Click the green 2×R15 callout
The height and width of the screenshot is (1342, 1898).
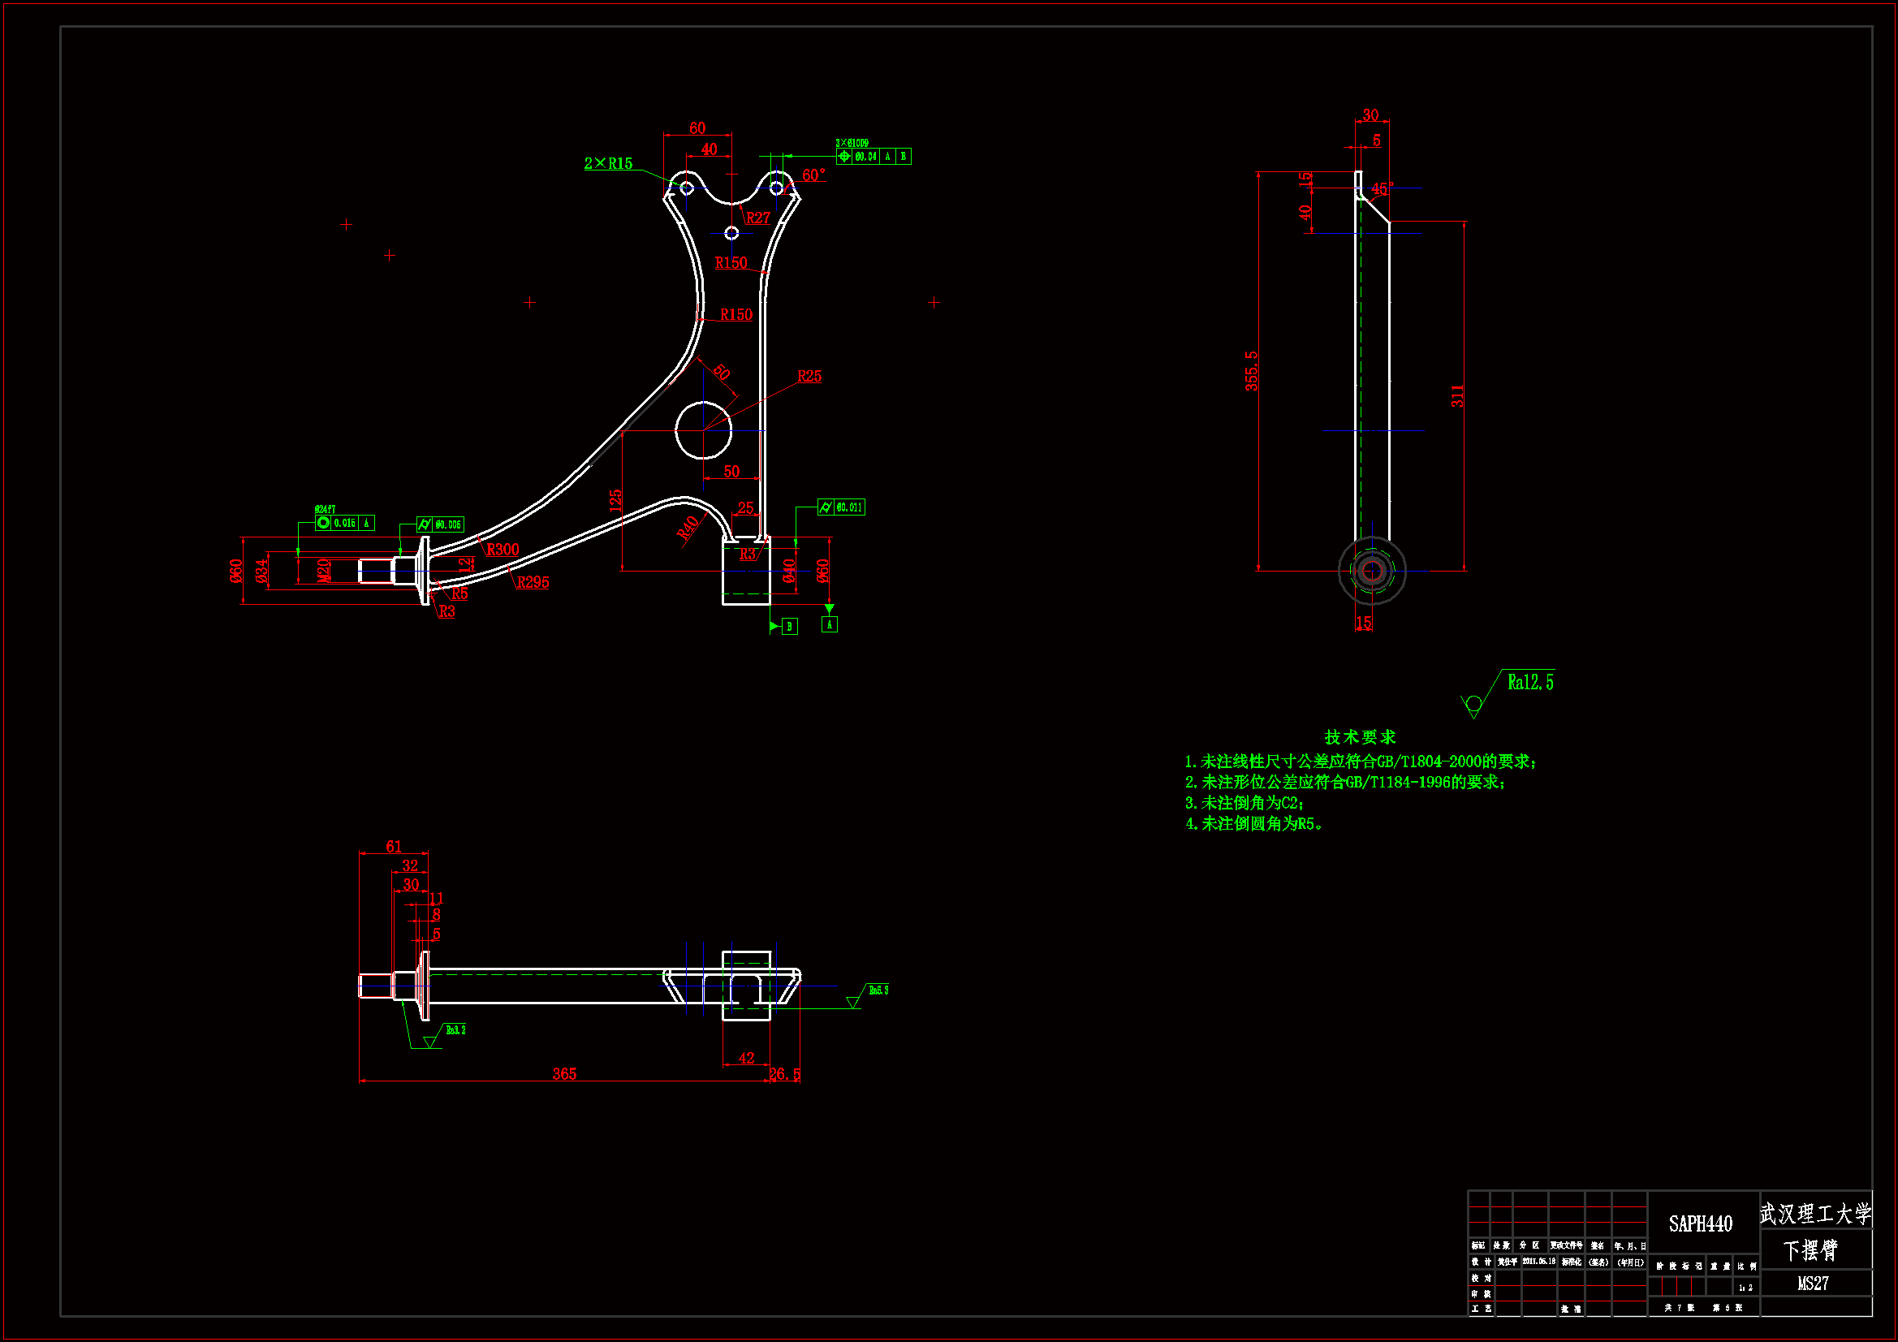(x=608, y=164)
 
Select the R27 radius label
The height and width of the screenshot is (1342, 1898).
(x=758, y=218)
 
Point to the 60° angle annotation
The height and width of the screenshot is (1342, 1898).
(x=813, y=175)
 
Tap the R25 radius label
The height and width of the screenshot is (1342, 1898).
(x=809, y=377)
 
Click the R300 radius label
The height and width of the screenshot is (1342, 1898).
(x=503, y=550)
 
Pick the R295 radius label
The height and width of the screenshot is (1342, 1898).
(x=533, y=583)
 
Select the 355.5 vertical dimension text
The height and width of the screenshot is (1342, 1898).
(x=1252, y=370)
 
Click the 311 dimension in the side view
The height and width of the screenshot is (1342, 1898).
(x=1457, y=396)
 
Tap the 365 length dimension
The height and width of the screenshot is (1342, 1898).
(x=564, y=1074)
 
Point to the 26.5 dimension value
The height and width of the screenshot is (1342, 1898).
(x=784, y=1074)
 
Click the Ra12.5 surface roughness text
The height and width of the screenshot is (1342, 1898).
(x=1530, y=683)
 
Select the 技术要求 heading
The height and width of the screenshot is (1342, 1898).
(x=1360, y=736)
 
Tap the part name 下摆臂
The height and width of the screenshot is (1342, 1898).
(x=1810, y=1251)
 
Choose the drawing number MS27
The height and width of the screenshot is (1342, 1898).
(x=1813, y=1284)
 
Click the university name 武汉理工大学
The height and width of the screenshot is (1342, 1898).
(x=1815, y=1214)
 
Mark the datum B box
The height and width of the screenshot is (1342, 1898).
(x=789, y=627)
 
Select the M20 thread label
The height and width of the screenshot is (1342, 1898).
(x=324, y=571)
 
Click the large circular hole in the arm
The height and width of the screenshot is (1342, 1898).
(x=704, y=430)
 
